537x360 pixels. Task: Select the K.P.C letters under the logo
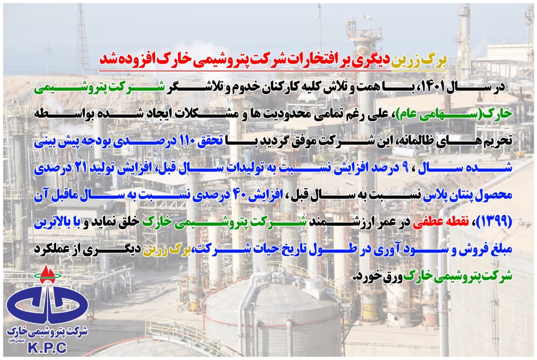(47, 348)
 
